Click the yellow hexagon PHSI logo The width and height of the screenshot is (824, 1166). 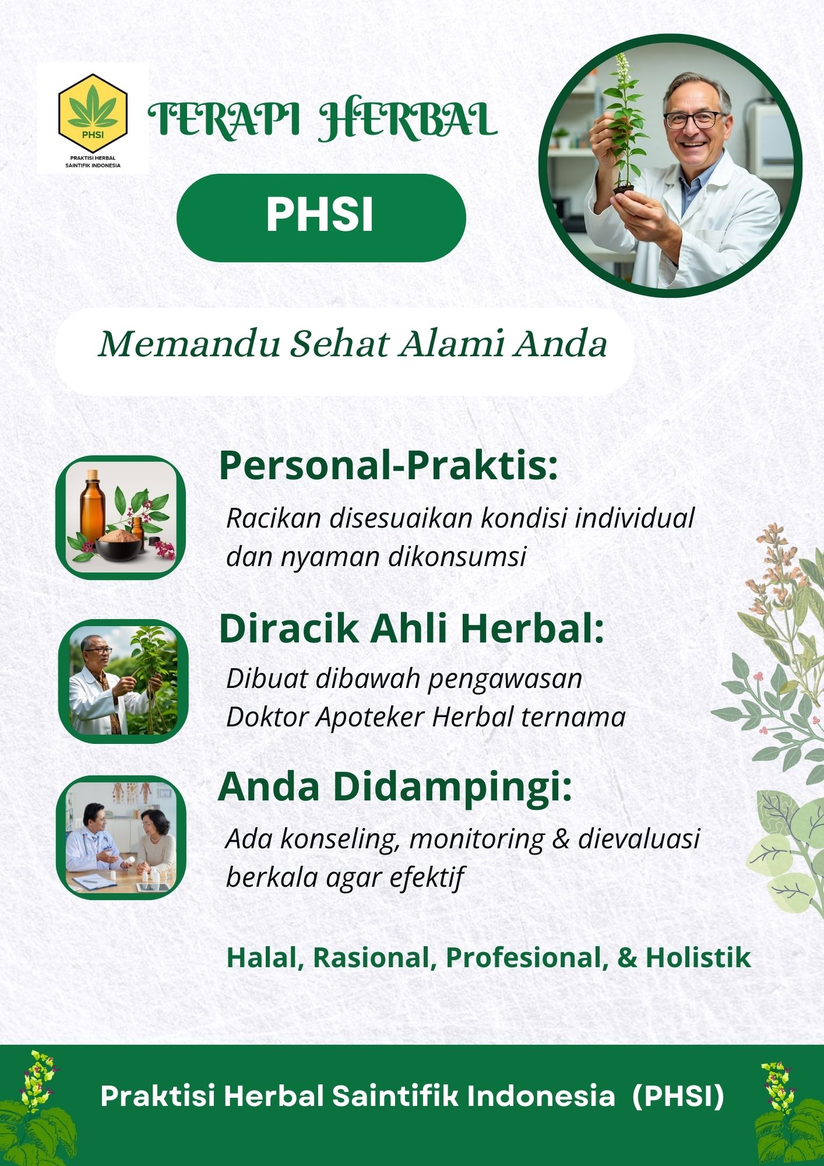pos(93,110)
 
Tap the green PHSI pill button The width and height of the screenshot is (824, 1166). pos(321,217)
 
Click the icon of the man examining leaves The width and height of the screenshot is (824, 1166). pos(123,680)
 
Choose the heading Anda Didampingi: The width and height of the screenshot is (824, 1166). pos(395,786)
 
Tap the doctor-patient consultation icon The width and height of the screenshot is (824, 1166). pos(121,837)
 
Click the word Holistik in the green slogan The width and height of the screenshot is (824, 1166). pos(698,958)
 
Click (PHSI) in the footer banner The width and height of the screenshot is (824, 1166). pos(678,1097)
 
